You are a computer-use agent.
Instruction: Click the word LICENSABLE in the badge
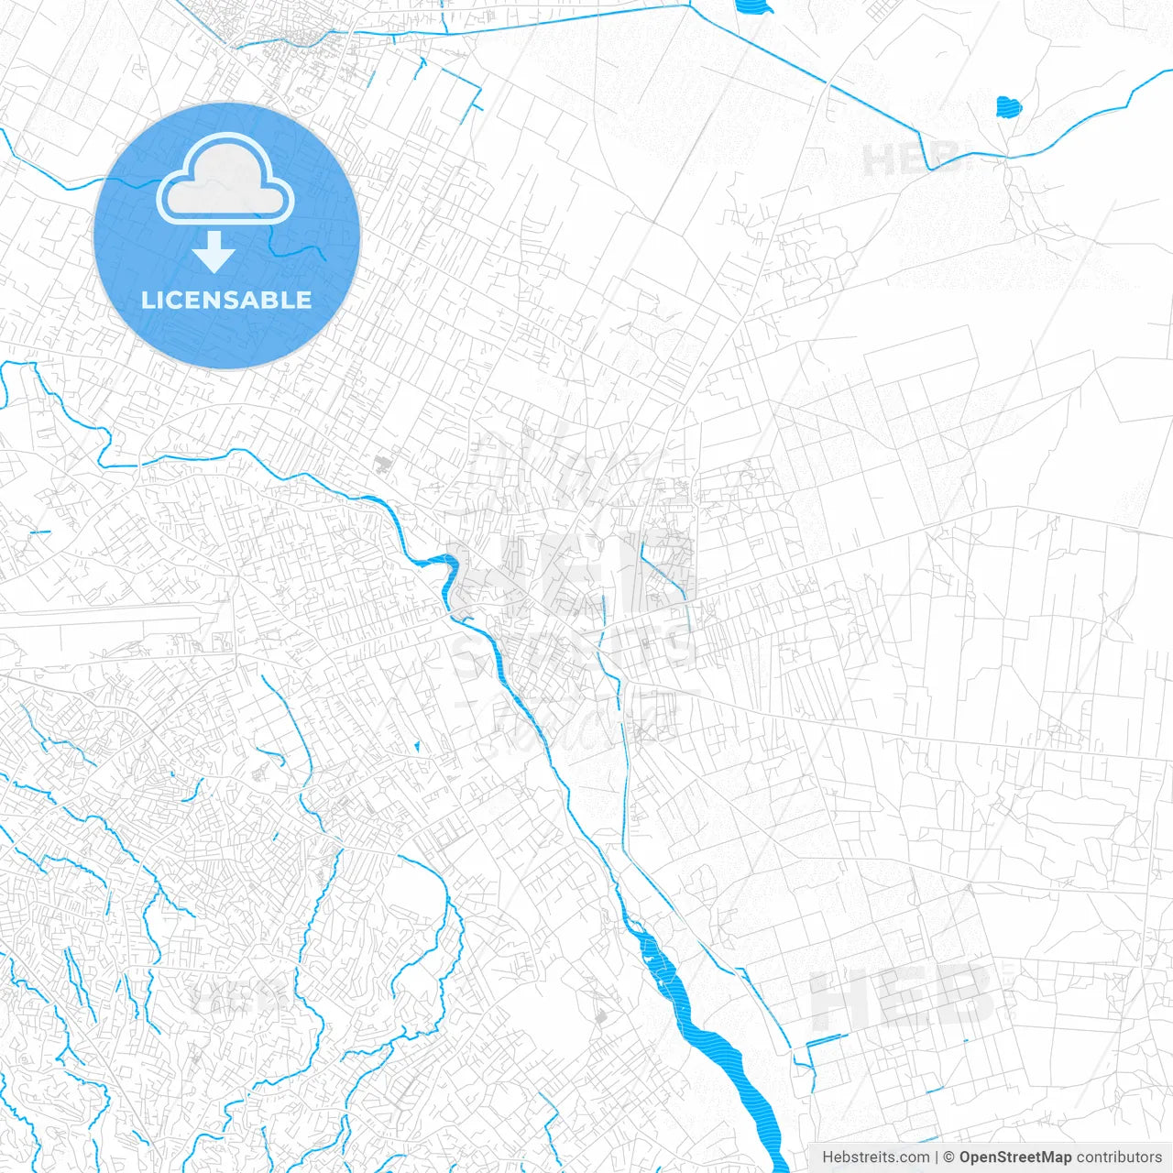(x=226, y=300)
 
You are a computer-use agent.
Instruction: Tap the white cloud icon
(x=225, y=180)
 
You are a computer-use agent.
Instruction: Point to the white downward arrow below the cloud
(x=214, y=251)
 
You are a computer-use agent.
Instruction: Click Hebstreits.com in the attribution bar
(x=875, y=1157)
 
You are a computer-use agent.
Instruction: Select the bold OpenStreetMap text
(x=1014, y=1157)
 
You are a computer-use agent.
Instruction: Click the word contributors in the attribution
(x=1118, y=1157)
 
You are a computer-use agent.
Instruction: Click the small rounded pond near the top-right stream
(x=1008, y=107)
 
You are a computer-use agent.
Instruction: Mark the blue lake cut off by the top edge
(x=754, y=7)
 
